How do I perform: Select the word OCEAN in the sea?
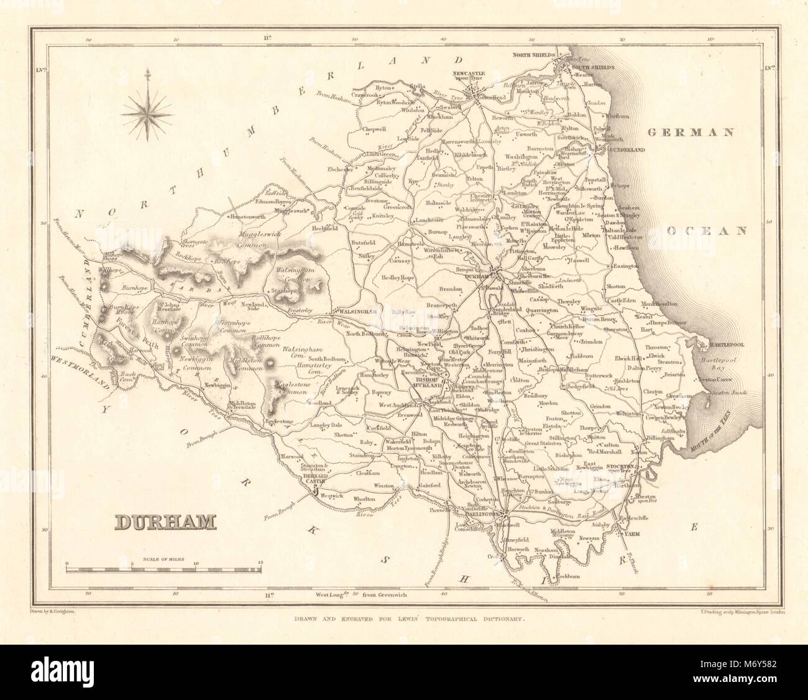click(x=706, y=231)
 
